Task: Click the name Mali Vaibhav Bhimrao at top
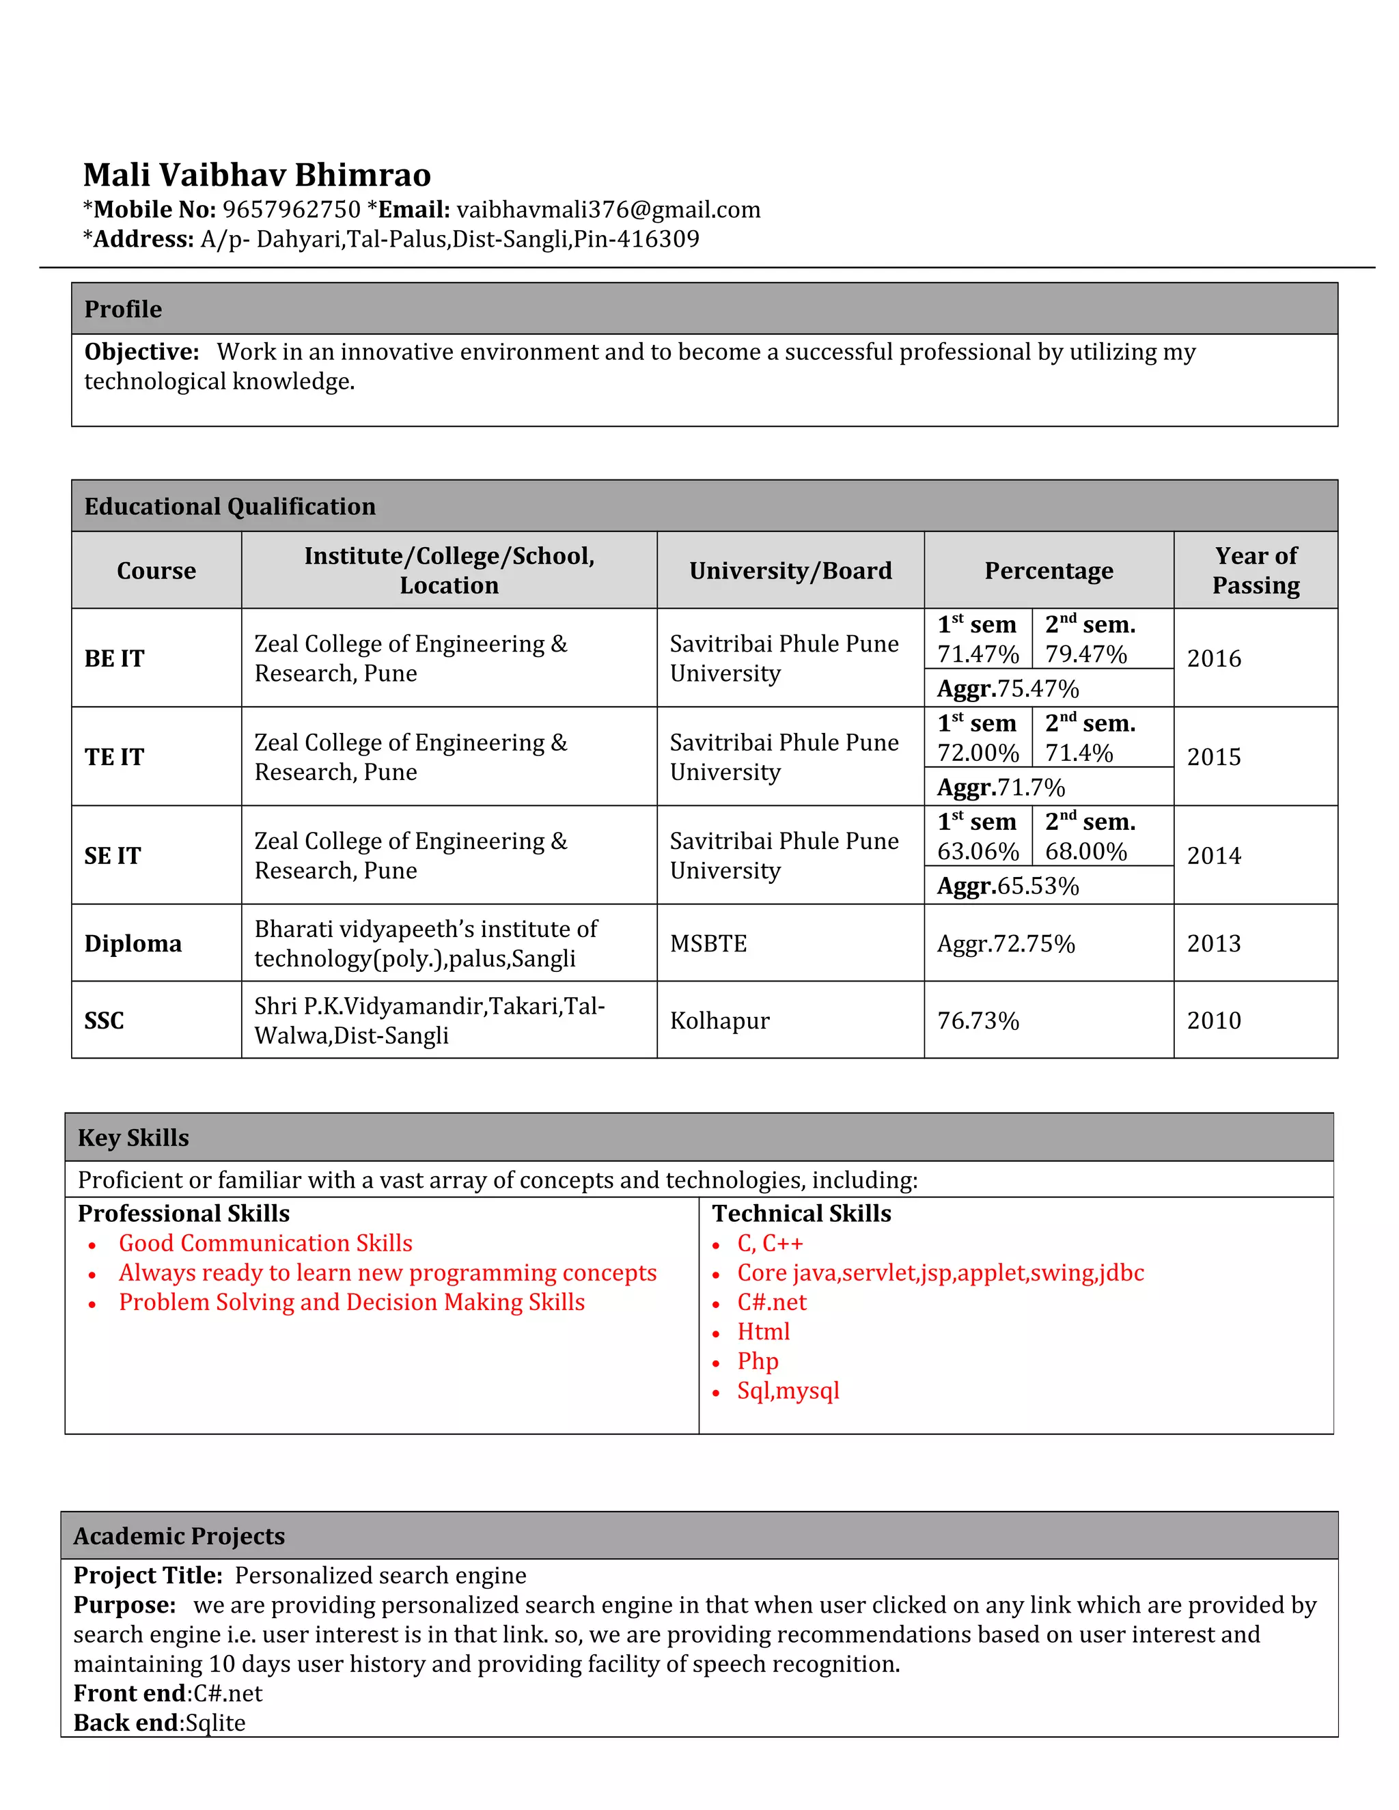257,175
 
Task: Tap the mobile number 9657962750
291,210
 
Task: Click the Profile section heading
123,309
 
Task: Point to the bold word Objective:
141,352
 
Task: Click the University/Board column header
790,571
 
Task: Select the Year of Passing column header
1255,570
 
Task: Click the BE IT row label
114,659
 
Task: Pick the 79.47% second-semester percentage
1085,655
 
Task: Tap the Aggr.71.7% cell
1000,788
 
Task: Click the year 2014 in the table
1213,856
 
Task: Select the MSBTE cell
708,944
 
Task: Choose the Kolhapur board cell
719,1021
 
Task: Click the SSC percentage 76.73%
978,1021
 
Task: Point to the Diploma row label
133,944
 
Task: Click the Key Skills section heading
133,1138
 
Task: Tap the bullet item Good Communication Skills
265,1243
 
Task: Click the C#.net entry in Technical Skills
772,1302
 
